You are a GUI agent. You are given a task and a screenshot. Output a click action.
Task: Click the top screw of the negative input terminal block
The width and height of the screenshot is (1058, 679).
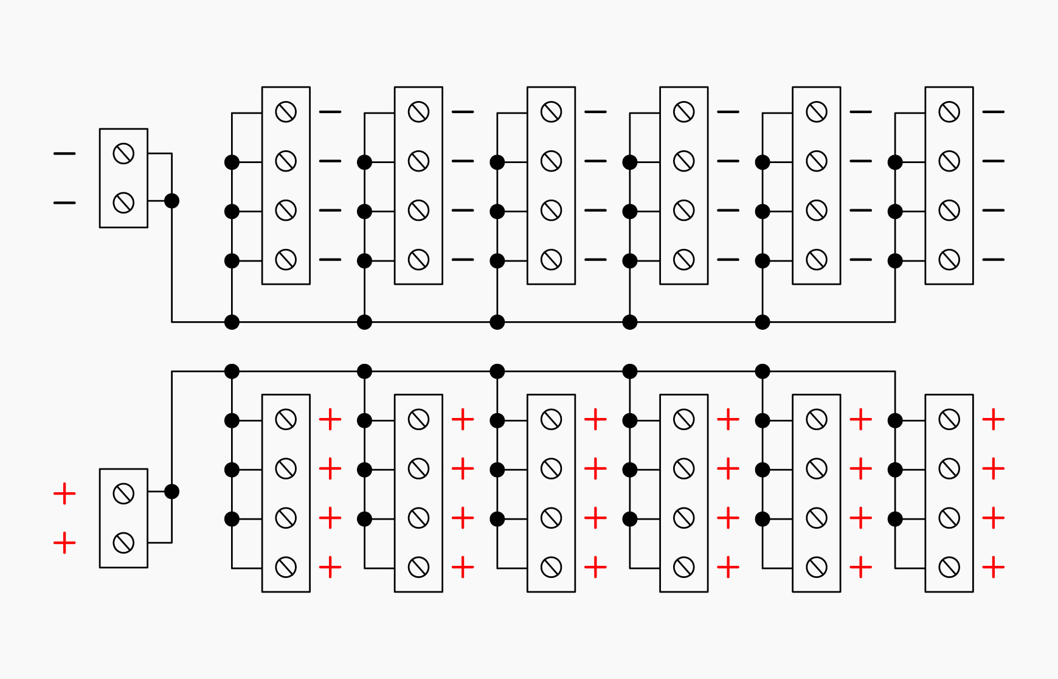[123, 153]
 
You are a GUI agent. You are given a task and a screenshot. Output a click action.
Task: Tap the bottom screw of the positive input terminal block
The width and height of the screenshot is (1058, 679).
[123, 543]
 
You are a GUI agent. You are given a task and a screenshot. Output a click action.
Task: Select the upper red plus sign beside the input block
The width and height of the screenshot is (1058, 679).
[64, 493]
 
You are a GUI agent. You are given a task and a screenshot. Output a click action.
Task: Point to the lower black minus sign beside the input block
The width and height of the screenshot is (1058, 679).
[64, 203]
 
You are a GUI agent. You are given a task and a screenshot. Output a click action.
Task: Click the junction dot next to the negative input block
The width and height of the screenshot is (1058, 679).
[172, 201]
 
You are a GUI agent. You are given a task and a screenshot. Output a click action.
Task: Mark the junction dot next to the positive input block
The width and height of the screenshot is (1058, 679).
[172, 492]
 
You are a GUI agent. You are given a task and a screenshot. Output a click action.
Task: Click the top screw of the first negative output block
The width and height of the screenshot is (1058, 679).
[286, 112]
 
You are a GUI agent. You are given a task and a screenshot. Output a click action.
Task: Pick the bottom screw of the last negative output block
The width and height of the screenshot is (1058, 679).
[949, 260]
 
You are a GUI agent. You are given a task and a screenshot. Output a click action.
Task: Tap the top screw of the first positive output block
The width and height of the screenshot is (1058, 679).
[286, 419]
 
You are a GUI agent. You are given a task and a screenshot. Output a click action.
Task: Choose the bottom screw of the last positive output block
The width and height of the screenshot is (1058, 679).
[949, 567]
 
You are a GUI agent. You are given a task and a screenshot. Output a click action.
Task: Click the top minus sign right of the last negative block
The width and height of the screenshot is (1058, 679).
[994, 112]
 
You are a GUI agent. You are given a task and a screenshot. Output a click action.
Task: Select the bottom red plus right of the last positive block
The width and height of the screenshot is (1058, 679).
[994, 567]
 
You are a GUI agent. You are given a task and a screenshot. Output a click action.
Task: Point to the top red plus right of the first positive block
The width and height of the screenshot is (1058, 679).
[330, 419]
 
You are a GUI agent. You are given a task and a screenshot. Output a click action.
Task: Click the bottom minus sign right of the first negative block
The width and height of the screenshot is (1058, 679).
[330, 260]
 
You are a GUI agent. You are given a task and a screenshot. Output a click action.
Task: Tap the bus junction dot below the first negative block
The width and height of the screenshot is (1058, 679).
[232, 322]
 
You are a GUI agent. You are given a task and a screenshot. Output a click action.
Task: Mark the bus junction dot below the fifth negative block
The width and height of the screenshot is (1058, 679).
[762, 322]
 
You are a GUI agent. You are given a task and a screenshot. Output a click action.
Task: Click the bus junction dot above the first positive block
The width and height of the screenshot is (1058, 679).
[232, 371]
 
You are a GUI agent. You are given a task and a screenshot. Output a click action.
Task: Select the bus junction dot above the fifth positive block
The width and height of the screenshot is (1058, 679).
[762, 371]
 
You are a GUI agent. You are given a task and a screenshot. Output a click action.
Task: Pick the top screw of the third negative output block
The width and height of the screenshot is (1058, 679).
[551, 112]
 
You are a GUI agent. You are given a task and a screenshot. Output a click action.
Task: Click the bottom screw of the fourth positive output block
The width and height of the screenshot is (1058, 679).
[684, 567]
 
